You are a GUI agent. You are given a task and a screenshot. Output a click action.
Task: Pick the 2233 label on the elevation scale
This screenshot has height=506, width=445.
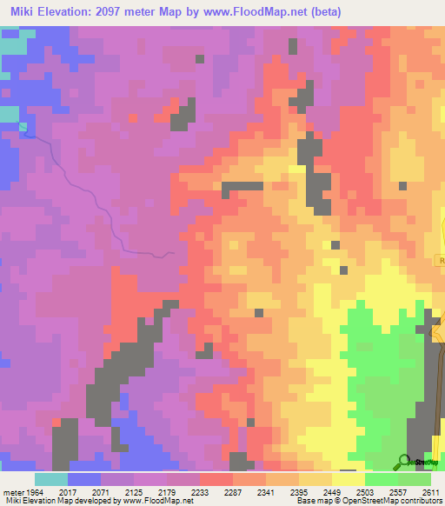point(201,491)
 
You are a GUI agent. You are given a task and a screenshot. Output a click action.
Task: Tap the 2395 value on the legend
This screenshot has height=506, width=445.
point(299,491)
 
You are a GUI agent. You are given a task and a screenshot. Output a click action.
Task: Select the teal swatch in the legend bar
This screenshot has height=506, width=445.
point(51,479)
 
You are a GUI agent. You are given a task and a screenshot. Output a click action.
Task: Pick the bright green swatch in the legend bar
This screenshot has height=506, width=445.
point(382,479)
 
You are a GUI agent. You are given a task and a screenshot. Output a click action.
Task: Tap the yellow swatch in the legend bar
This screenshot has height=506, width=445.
point(349,479)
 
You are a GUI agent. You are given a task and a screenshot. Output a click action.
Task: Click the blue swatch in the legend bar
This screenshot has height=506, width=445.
point(84,479)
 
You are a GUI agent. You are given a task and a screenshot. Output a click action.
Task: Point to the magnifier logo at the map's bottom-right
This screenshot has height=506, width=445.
point(403,462)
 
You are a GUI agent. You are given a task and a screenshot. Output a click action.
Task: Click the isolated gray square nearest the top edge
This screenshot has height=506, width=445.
point(200,59)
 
